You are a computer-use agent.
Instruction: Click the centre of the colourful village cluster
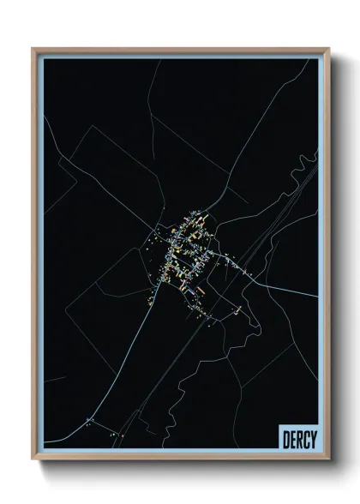click(x=184, y=249)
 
